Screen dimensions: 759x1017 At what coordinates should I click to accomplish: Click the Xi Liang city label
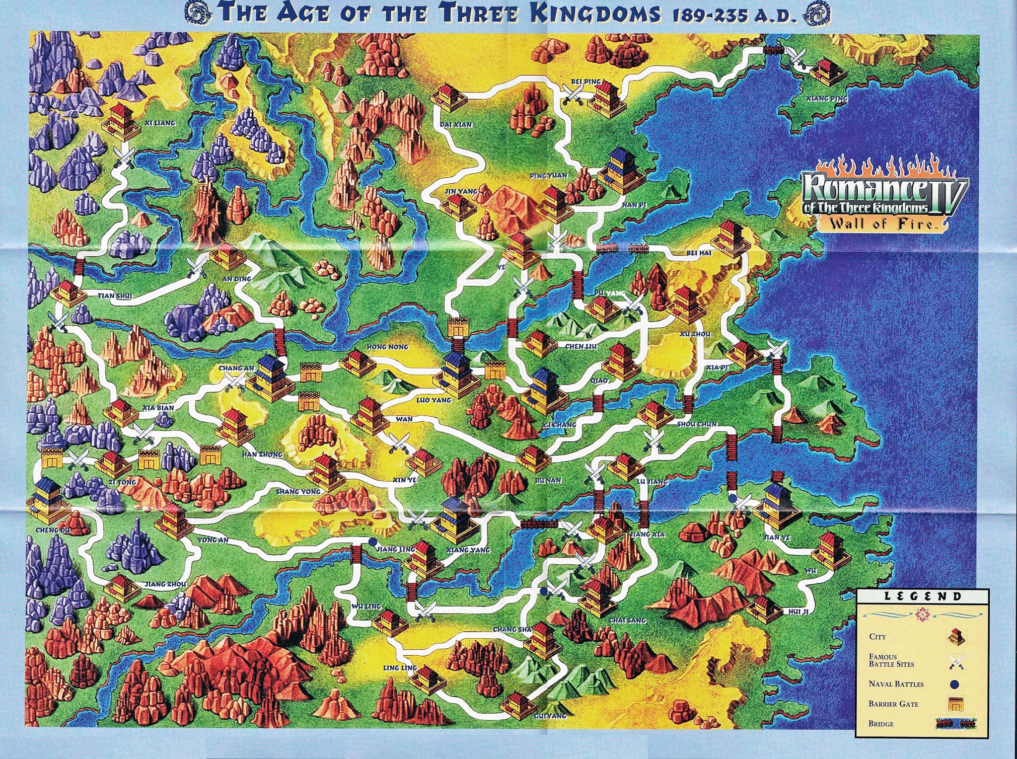(x=160, y=123)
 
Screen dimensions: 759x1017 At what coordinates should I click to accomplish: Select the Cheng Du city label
(x=53, y=531)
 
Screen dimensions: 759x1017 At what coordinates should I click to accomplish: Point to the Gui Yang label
(x=550, y=716)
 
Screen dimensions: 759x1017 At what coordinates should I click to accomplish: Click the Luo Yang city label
(x=434, y=400)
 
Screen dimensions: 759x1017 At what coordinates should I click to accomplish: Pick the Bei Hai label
(x=699, y=253)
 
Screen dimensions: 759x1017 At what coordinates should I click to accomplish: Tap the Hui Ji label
(x=799, y=611)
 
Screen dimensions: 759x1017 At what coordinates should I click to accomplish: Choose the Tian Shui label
(x=115, y=296)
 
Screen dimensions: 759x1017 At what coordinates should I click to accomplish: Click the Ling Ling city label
(x=400, y=668)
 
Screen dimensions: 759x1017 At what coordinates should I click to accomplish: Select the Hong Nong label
(x=387, y=347)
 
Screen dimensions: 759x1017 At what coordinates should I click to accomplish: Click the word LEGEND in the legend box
(x=923, y=597)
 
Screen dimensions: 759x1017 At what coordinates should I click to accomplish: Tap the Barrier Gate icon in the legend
(x=954, y=704)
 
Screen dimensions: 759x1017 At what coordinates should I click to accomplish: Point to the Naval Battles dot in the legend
(x=954, y=684)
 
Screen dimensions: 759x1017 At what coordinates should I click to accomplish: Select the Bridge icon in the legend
(x=954, y=724)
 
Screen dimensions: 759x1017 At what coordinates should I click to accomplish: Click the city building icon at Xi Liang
(x=120, y=122)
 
